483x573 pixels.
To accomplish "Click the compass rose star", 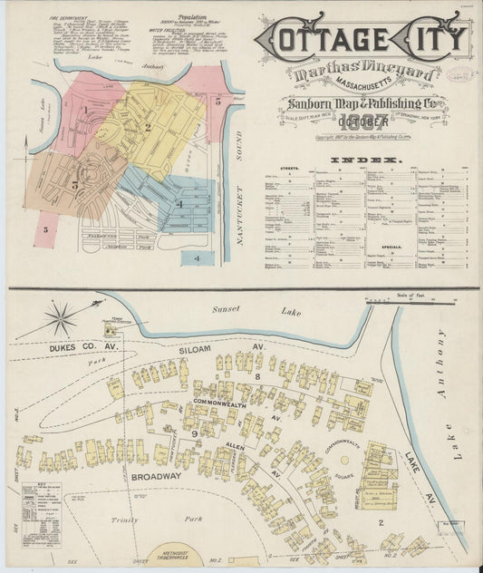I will click(61, 319).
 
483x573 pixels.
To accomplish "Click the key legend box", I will click(41, 513).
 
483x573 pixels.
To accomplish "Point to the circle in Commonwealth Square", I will click(344, 460).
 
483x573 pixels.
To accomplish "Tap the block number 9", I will click(194, 434).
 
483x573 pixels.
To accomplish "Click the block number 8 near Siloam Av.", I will click(257, 374).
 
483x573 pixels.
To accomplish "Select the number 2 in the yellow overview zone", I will click(147, 127).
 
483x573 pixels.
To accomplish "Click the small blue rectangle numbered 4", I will click(196, 258).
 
